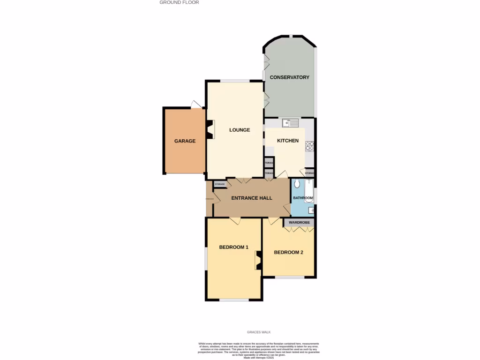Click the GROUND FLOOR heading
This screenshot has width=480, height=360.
tap(179, 2)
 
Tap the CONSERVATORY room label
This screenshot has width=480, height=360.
tap(289, 77)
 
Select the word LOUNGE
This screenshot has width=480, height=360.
tap(240, 130)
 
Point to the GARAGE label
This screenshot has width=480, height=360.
tap(185, 141)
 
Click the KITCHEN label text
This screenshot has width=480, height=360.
tap(288, 141)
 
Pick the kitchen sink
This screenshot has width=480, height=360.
tap(290, 123)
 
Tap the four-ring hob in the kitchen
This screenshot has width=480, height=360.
tap(309, 147)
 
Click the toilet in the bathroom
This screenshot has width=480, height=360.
tap(297, 185)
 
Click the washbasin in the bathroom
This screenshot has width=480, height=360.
tap(311, 210)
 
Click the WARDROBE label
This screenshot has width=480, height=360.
tap(299, 222)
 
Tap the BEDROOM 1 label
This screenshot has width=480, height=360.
tap(233, 247)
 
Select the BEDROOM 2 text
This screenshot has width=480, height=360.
tap(288, 252)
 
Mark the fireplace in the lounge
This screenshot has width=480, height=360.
tap(210, 130)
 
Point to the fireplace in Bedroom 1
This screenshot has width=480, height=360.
tap(258, 260)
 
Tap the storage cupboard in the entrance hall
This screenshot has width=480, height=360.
tap(220, 184)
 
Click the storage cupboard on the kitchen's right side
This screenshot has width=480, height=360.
tap(309, 173)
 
